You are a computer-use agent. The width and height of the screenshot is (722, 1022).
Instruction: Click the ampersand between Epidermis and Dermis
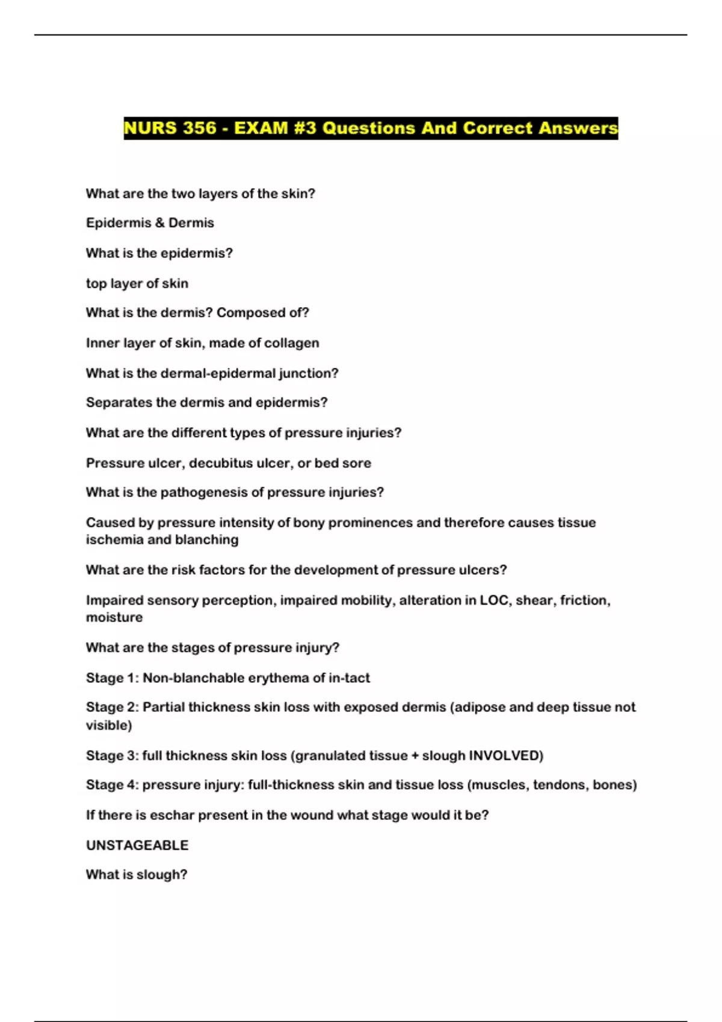[x=159, y=223]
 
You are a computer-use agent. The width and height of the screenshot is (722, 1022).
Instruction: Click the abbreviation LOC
[x=493, y=601]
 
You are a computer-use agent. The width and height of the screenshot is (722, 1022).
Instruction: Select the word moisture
[x=114, y=617]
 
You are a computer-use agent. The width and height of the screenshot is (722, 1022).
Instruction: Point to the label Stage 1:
[x=113, y=678]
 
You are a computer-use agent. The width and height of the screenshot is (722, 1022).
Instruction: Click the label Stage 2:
[x=113, y=708]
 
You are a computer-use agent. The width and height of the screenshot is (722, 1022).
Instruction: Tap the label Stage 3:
[x=113, y=756]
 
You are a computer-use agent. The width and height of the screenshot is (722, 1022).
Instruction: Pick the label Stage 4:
[x=113, y=785]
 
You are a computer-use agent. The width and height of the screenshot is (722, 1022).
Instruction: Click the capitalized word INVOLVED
[x=504, y=756]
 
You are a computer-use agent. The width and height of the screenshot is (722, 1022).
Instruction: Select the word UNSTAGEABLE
[x=137, y=846]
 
